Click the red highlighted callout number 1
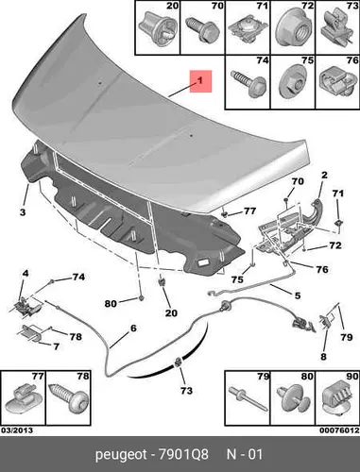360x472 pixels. click(200, 81)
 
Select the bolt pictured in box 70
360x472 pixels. click(202, 29)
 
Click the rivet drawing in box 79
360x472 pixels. click(249, 398)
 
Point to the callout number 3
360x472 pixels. click(23, 212)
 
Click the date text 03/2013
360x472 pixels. click(17, 430)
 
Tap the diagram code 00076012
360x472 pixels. click(339, 430)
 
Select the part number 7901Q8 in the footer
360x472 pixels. click(183, 455)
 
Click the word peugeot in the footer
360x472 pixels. click(121, 455)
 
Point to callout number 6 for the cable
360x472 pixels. click(133, 329)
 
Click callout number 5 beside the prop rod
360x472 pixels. click(298, 295)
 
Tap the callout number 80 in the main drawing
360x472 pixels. click(111, 304)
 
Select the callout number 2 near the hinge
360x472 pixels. click(324, 175)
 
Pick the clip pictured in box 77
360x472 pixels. click(23, 399)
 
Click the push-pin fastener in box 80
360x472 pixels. click(293, 399)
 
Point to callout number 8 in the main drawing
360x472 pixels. click(323, 357)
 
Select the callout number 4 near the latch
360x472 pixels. click(26, 273)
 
